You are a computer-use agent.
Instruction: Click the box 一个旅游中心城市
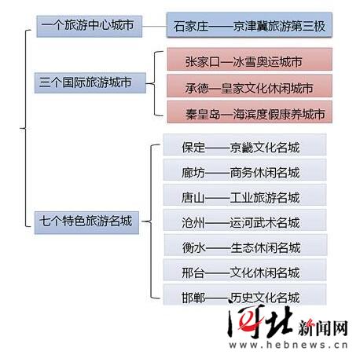tap(90, 26)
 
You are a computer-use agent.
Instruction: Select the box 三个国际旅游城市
tap(90, 83)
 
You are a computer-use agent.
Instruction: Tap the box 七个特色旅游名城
tap(86, 222)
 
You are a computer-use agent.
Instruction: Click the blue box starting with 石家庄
tap(249, 24)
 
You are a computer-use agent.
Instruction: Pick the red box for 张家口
tap(250, 60)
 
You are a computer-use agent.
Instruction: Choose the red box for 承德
tap(249, 86)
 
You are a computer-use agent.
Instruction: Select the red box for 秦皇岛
tap(250, 112)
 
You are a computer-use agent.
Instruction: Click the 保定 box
tap(244, 144)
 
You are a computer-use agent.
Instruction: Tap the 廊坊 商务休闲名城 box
tap(244, 170)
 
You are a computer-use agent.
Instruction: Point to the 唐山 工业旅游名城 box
tap(244, 195)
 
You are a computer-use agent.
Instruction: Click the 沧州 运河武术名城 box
tap(244, 220)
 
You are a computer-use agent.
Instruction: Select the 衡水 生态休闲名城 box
tap(245, 245)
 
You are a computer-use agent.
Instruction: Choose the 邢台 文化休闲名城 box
tap(244, 270)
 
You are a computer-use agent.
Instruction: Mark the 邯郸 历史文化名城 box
tap(244, 294)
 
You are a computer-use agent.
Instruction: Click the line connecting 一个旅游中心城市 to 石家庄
tap(154, 27)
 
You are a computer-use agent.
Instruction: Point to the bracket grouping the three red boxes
tap(154, 84)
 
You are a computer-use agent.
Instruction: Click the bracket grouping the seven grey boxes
tap(151, 222)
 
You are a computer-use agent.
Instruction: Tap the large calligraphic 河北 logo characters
tap(259, 321)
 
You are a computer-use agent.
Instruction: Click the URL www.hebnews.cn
tap(288, 345)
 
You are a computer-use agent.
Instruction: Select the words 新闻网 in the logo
tap(323, 327)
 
